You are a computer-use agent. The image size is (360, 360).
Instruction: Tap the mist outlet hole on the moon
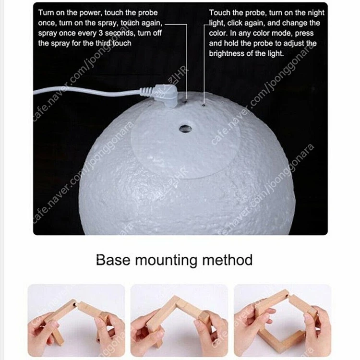186,129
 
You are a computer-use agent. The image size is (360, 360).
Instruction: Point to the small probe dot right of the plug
204,106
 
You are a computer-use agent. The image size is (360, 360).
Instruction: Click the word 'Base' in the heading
113,260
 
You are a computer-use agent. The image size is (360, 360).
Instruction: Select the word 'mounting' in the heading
166,261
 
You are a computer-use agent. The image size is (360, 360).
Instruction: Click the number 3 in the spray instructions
101,33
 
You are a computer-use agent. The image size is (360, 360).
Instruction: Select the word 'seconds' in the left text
120,33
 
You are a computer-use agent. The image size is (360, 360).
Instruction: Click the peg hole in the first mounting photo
74,305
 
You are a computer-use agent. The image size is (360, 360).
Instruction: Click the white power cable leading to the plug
87,91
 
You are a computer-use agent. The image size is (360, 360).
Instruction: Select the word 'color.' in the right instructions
218,33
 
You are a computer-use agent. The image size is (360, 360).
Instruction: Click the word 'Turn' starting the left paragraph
46,12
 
